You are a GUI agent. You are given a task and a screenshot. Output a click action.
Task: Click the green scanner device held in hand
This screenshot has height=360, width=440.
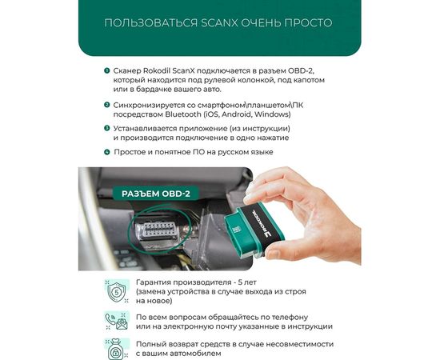coord(264,216)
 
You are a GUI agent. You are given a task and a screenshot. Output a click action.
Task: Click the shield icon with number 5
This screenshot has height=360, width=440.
coord(118,290)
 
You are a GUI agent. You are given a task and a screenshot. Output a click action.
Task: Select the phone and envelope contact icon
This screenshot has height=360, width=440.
coord(118,320)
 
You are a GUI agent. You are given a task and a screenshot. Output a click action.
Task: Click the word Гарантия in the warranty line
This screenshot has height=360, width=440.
coord(158,283)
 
